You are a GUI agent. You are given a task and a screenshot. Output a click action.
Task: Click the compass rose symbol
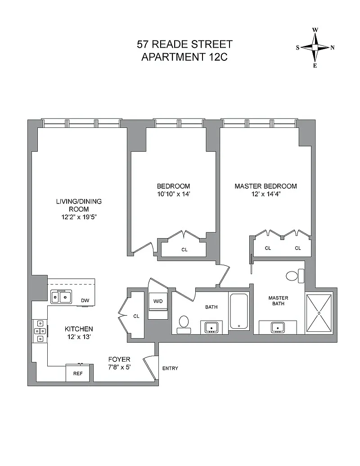315,48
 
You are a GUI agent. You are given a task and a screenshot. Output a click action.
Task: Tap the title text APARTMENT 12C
184,57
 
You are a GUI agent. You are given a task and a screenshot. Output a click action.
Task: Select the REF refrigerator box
77,373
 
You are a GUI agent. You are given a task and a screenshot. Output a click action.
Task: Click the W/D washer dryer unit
158,302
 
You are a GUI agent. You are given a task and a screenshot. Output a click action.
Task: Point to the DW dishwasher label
85,300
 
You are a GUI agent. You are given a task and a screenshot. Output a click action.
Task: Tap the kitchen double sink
61,297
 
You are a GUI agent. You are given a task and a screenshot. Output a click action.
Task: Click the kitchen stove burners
40,331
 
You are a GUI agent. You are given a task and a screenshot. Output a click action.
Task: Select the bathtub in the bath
239,312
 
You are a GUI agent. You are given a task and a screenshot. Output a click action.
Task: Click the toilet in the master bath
295,276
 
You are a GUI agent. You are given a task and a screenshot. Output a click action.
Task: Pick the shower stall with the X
319,313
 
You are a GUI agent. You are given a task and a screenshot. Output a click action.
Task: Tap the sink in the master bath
278,327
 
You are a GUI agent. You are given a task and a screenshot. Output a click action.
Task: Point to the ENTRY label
170,368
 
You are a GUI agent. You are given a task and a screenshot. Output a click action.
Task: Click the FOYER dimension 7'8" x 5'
119,367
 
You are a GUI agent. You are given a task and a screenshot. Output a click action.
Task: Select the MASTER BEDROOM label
266,186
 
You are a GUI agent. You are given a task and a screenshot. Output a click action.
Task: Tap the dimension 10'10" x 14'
173,194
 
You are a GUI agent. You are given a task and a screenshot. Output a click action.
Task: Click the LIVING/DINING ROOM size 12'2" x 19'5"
79,217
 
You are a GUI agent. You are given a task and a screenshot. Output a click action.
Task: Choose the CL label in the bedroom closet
184,249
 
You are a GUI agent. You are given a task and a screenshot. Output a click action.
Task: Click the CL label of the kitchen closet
136,316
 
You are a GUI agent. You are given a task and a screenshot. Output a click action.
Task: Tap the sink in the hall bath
211,327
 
